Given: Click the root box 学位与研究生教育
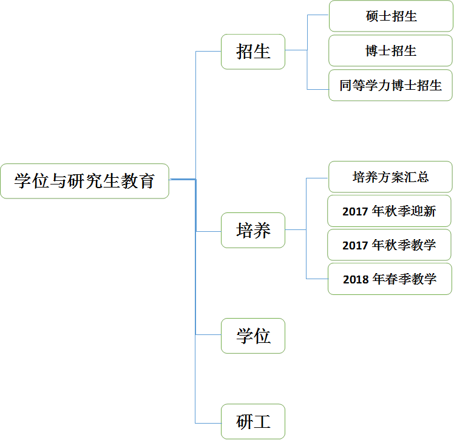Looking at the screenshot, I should (x=84, y=181).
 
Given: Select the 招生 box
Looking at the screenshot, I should (x=252, y=52).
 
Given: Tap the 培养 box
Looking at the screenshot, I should (x=252, y=231).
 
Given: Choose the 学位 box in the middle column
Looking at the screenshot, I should (x=252, y=336).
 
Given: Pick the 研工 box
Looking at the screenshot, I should (x=252, y=421).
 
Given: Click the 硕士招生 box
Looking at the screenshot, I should (x=391, y=16).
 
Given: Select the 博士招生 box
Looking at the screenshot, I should (x=391, y=51).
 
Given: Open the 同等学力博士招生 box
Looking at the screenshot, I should (x=391, y=86).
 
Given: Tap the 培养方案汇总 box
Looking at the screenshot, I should (x=390, y=177).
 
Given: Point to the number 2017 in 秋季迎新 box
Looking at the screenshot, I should (x=355, y=212).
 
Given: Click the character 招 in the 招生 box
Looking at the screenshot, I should (x=245, y=52).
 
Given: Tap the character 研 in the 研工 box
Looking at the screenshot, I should (x=245, y=421).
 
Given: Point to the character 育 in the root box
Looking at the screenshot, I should (x=146, y=181).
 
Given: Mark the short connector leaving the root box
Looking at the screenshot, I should (x=181, y=180).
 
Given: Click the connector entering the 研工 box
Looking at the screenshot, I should (x=208, y=423).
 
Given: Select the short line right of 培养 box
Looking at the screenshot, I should (x=295, y=230).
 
